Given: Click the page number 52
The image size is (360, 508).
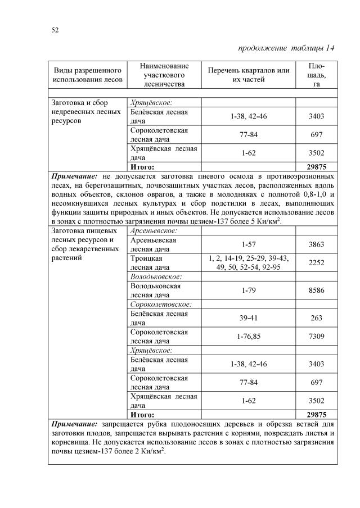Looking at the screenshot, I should pos(55,30).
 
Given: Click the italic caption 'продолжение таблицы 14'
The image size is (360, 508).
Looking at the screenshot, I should pos(287,48).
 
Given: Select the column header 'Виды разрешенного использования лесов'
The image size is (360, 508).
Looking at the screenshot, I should pos(88,75).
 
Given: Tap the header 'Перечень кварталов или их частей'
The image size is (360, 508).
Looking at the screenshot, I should pos(249,75).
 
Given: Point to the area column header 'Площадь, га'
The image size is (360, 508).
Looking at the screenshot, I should pos(317,75).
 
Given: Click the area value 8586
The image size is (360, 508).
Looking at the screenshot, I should pos(317,290).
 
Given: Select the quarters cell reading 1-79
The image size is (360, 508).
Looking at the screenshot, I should pos(249,290).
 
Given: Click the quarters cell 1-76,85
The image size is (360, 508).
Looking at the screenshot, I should pos(249,335).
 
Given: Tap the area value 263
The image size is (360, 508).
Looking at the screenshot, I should pos(317,317).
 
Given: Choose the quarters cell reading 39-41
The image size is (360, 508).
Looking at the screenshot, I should pos(249,317).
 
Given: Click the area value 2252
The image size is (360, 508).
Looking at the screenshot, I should pos(317,262).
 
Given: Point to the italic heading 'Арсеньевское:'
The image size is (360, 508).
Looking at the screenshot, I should pos(154,231).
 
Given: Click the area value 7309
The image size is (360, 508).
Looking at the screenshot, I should pos(317,335).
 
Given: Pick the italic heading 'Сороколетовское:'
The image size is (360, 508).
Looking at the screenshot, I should pos(161,304).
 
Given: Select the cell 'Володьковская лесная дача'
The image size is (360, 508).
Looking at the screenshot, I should pos(155,290).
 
